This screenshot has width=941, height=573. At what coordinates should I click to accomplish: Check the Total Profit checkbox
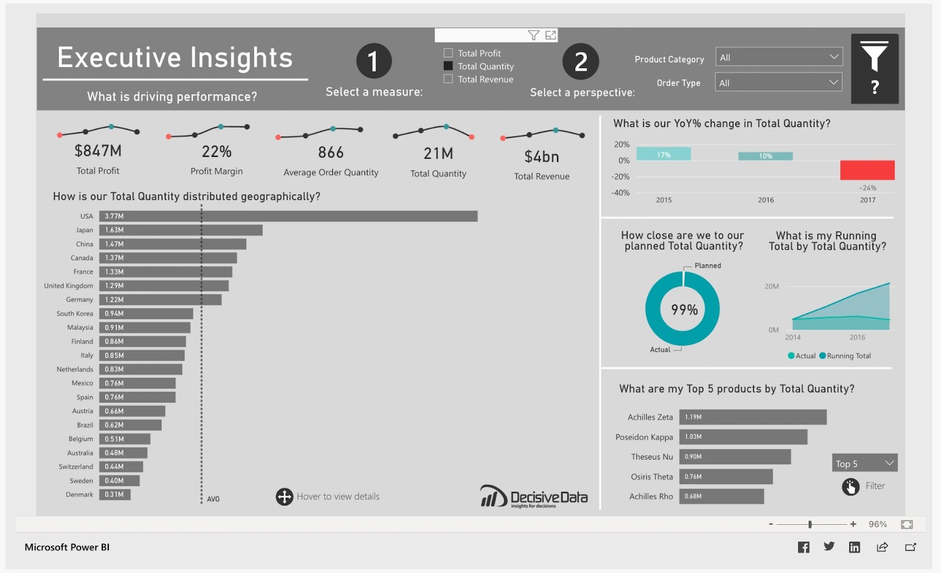448,53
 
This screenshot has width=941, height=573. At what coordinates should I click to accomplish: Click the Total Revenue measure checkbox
448,79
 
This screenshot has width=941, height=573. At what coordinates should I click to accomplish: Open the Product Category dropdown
779,57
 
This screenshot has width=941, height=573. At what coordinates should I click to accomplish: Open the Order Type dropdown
779,83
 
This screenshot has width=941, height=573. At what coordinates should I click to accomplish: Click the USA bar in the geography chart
288,216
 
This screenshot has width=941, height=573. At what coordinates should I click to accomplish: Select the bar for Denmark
115,495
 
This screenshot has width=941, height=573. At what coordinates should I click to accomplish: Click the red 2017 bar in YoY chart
867,170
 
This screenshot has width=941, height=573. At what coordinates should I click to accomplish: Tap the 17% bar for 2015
663,154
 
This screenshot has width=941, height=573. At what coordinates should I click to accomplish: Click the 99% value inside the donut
684,310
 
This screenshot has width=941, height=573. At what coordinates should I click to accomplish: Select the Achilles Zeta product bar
752,417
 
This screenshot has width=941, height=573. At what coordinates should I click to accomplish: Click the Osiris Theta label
651,477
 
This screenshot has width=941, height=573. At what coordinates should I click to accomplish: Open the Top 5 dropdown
864,463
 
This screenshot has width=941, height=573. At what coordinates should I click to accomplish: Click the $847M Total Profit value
98,151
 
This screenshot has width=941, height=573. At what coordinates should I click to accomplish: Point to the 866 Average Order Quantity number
331,153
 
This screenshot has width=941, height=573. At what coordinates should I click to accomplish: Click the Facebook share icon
803,547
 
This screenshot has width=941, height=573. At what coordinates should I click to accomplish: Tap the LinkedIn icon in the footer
854,547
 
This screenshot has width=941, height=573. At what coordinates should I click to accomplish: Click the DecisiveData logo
534,497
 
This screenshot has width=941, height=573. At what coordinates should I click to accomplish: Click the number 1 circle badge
373,61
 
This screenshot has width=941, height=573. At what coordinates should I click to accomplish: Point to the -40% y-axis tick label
620,193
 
